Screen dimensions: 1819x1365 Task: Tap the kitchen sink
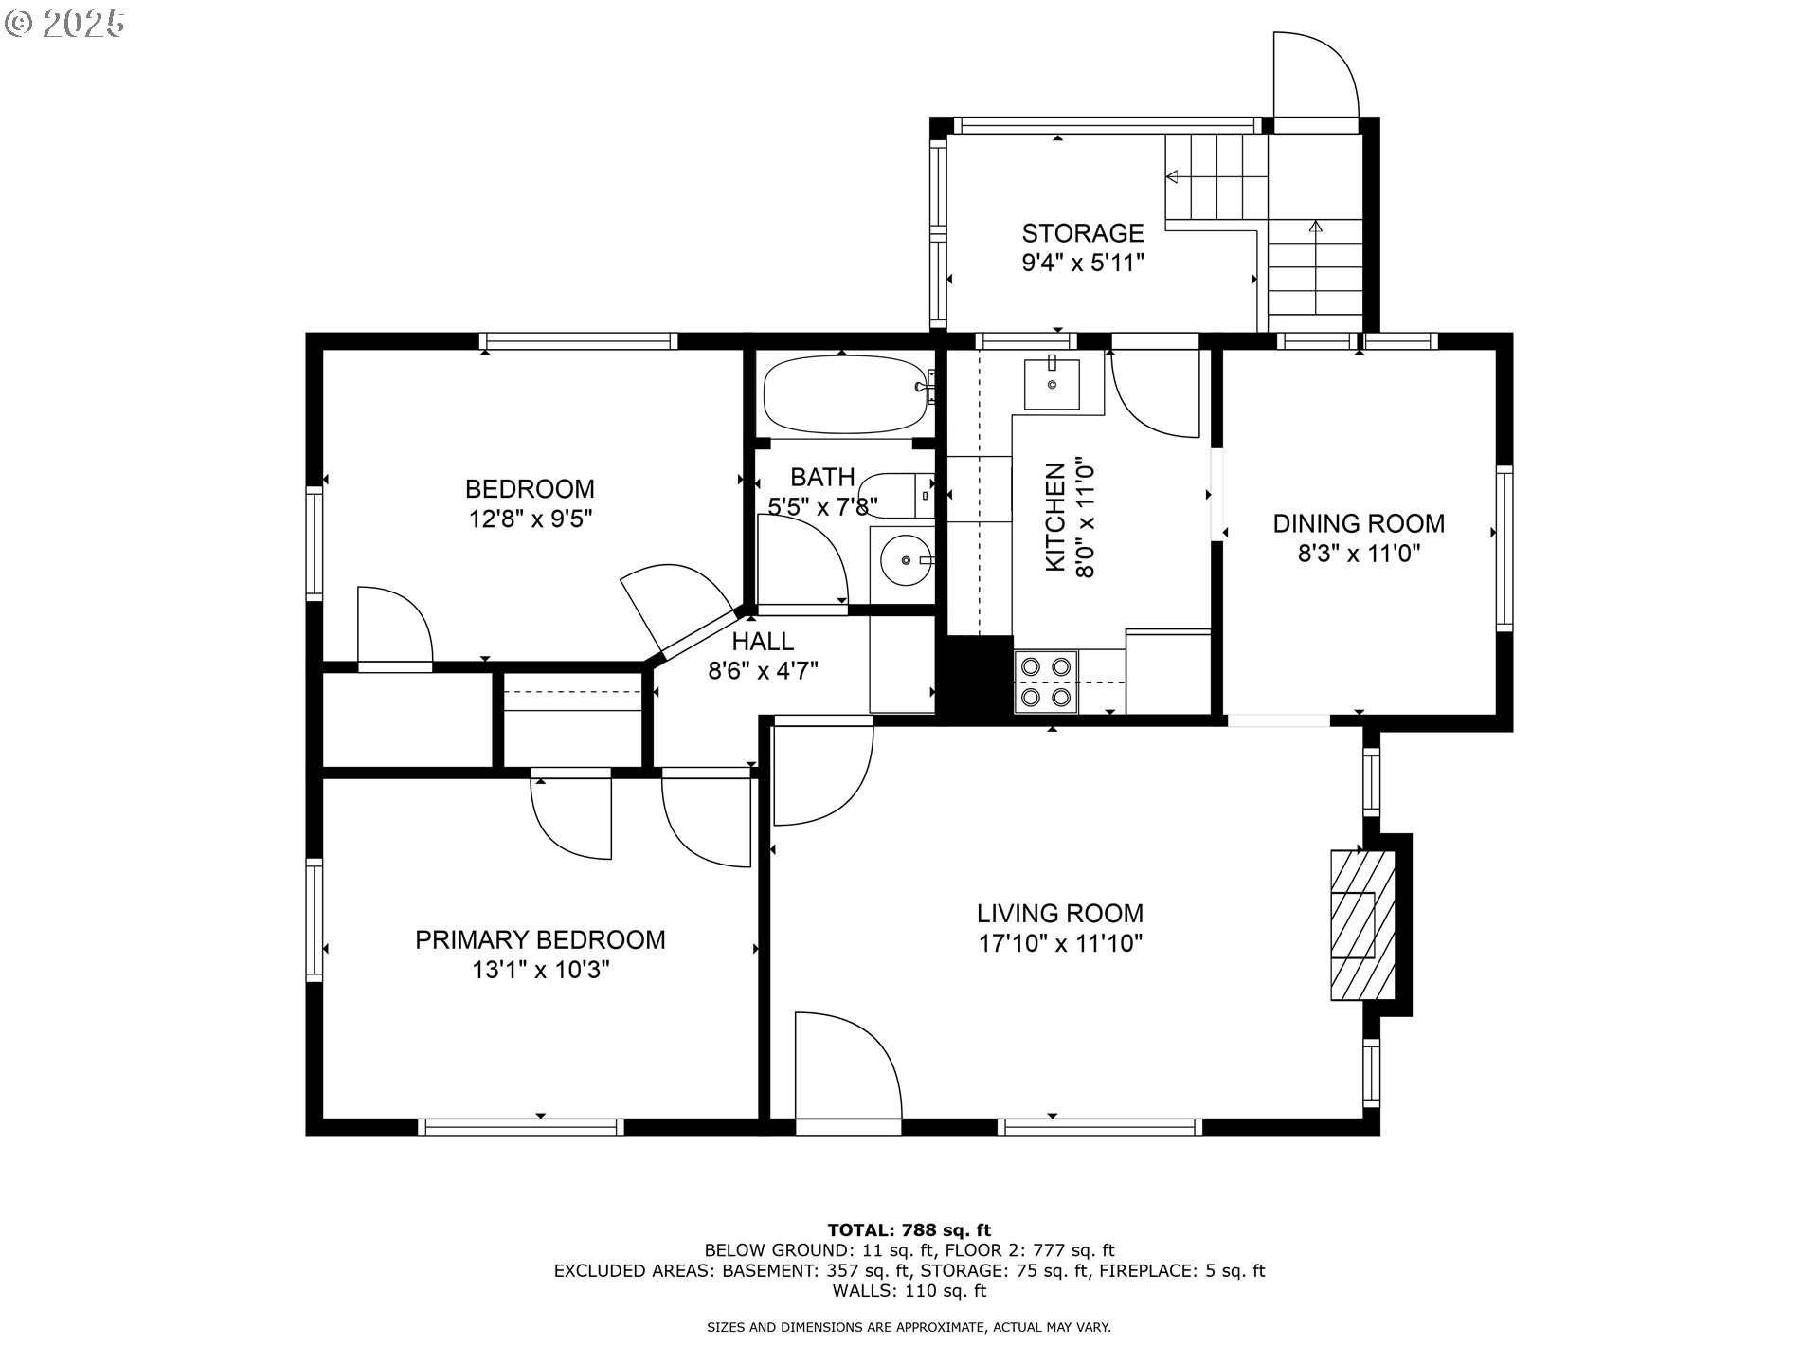click(x=1052, y=384)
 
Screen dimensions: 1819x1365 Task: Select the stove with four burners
click(x=1046, y=682)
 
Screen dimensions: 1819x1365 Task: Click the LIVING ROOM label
click(x=1060, y=914)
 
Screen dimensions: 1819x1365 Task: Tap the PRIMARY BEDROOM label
click(x=540, y=939)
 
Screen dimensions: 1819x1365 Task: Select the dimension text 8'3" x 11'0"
click(x=1359, y=554)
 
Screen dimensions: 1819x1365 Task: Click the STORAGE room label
click(x=1083, y=233)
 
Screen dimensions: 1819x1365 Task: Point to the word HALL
click(x=763, y=642)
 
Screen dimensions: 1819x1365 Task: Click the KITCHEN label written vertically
click(x=1055, y=518)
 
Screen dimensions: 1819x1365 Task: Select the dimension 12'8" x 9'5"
click(x=530, y=519)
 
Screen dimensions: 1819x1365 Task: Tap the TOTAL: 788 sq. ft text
click(x=909, y=1230)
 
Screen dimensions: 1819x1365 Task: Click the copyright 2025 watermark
click(x=65, y=23)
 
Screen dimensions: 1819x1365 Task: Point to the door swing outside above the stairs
click(x=1317, y=76)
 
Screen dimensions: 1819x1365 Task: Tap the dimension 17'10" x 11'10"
click(x=1060, y=944)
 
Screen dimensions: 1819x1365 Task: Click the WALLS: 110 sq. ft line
click(x=909, y=1291)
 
